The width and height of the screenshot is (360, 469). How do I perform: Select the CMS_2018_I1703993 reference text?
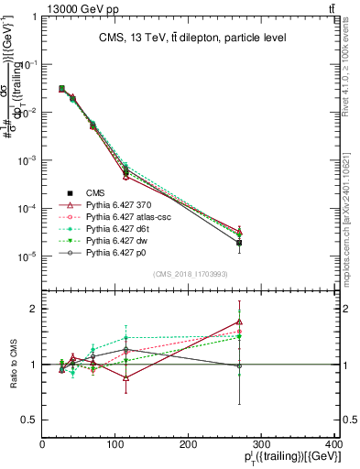point(191,275)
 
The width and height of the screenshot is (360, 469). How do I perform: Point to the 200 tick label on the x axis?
point(188,443)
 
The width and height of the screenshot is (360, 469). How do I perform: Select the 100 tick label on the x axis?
point(115,443)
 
